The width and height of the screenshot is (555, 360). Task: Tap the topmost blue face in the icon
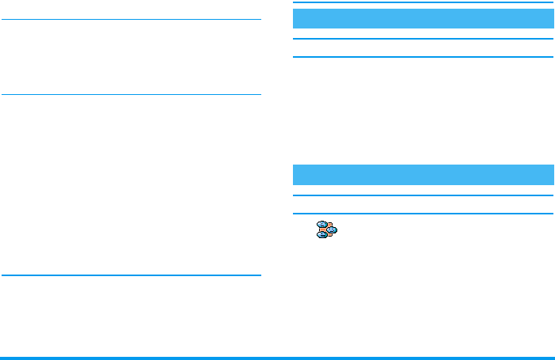(322, 225)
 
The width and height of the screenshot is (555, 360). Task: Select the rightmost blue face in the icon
(332, 230)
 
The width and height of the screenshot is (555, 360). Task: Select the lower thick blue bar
(424, 174)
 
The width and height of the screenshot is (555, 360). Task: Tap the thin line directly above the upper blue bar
(424, 4)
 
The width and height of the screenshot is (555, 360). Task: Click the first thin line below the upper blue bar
(424, 38)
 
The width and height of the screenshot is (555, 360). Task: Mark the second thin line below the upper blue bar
(424, 57)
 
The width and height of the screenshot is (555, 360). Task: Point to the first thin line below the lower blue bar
(424, 195)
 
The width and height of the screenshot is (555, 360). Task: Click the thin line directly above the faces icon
(424, 214)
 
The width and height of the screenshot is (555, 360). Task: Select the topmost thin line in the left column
(131, 20)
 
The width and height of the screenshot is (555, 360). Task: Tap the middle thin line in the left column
(131, 95)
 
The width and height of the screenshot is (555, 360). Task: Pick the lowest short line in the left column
(131, 275)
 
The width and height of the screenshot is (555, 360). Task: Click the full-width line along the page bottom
(277, 358)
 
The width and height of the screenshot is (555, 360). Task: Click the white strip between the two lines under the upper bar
(424, 47)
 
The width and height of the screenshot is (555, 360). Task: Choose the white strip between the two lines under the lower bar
(424, 204)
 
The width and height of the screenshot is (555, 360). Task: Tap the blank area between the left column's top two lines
(131, 57)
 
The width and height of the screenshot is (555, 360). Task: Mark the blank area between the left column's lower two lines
(131, 185)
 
